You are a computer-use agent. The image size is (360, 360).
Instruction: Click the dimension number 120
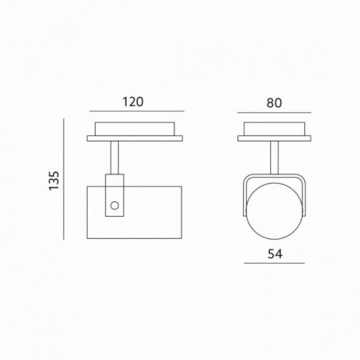(x=133, y=102)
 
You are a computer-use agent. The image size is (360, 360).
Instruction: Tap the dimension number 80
(x=274, y=103)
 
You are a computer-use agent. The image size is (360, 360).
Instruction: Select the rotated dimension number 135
(x=54, y=181)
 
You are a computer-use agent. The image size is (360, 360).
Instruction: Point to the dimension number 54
(x=275, y=254)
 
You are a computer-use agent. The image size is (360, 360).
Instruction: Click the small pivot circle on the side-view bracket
(x=115, y=205)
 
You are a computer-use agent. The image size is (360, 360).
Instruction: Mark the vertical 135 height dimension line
(x=64, y=179)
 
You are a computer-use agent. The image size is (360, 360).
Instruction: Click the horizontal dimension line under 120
(x=137, y=111)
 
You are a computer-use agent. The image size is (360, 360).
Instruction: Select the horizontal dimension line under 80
(x=274, y=113)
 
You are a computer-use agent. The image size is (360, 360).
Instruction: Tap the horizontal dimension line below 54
(x=274, y=263)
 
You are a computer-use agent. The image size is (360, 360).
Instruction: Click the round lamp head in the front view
(x=274, y=211)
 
